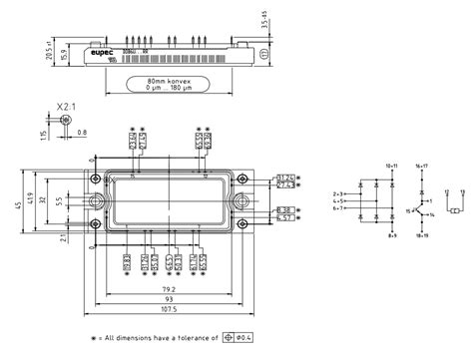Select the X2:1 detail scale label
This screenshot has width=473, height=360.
coord(66,104)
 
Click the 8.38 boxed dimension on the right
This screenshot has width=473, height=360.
coord(284,210)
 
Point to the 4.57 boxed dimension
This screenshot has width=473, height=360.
coord(284,218)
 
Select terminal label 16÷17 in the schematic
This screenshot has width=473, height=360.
coord(420,165)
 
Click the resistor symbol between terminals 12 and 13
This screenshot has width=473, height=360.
coord(453,210)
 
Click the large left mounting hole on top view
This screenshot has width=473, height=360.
coord(97,199)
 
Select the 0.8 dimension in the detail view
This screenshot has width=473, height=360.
coord(82,131)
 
